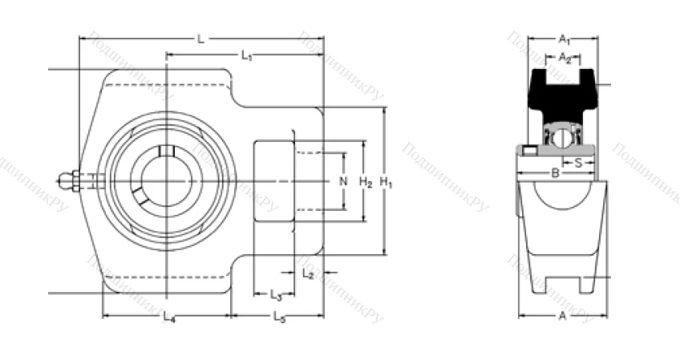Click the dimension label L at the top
tap(200, 38)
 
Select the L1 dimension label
tap(247, 55)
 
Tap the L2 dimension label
tap(309, 273)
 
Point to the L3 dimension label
tap(275, 294)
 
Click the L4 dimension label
tap(168, 318)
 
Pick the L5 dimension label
tap(279, 318)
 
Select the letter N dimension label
tap(343, 182)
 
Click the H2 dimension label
tap(365, 182)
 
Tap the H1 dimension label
tap(387, 182)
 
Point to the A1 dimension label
tap(564, 38)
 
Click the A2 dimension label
tap(565, 57)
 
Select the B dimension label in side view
tap(555, 172)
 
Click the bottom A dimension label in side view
tap(562, 316)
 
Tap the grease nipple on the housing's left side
tap(67, 182)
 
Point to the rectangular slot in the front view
tap(273, 182)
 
